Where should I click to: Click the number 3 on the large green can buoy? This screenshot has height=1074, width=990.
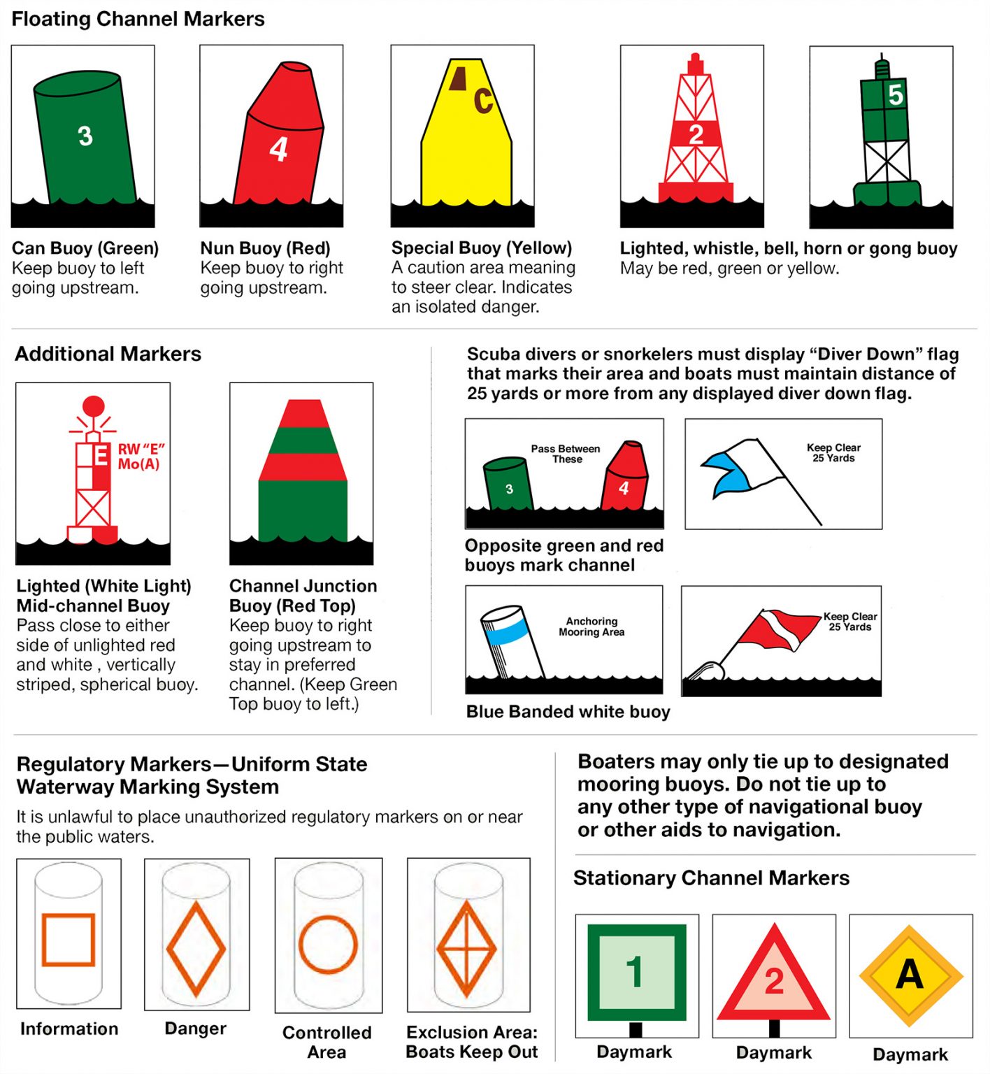tap(85, 136)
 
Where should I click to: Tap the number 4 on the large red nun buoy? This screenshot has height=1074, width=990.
tap(278, 149)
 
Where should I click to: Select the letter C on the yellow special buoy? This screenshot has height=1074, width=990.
tap(483, 101)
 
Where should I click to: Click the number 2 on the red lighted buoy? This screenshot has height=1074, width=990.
tap(695, 134)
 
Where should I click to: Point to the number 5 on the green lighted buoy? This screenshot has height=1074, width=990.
tap(895, 94)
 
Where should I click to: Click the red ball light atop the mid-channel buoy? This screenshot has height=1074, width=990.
tap(94, 406)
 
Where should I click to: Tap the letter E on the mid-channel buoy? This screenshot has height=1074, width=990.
tap(101, 456)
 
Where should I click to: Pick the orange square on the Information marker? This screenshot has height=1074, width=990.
tap(69, 939)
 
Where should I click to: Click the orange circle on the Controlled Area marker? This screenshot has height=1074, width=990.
tap(328, 945)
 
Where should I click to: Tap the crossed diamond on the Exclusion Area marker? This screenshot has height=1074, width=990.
tap(466, 949)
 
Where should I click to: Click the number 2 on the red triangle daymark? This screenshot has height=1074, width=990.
tap(774, 981)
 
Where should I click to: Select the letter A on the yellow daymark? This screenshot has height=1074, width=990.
tap(910, 974)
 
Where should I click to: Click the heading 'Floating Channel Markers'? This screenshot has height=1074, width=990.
tap(138, 19)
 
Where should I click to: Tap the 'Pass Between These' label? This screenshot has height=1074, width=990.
tap(565, 454)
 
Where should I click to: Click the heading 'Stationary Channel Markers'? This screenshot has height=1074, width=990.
tap(711, 878)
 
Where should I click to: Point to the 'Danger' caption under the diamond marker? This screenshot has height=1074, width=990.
tap(196, 1028)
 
